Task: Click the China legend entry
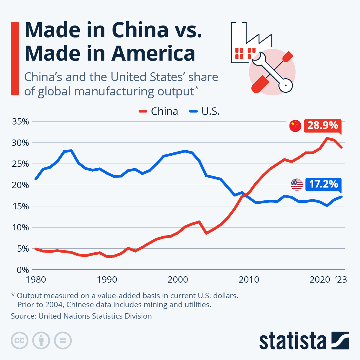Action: pyautogui.click(x=159, y=111)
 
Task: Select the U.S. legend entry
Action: pyautogui.click(x=205, y=111)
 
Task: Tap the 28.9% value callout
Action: pyautogui.click(x=322, y=125)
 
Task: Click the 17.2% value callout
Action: pyautogui.click(x=323, y=184)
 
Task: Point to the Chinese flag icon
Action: pyautogui.click(x=295, y=126)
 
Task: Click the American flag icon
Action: pyautogui.click(x=297, y=184)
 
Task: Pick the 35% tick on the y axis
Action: pyautogui.click(x=20, y=121)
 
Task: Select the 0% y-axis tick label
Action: pyautogui.click(x=23, y=270)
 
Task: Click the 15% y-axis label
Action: pyautogui.click(x=20, y=206)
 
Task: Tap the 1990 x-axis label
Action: pyautogui.click(x=107, y=280)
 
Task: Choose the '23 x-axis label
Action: pyautogui.click(x=341, y=280)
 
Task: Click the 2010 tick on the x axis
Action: pyautogui.click(x=249, y=280)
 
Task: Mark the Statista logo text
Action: pyautogui.click(x=292, y=341)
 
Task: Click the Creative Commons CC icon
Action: pyautogui.click(x=19, y=340)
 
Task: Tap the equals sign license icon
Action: pyautogui.click(x=63, y=340)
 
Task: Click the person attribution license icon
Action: pyautogui.click(x=41, y=340)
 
